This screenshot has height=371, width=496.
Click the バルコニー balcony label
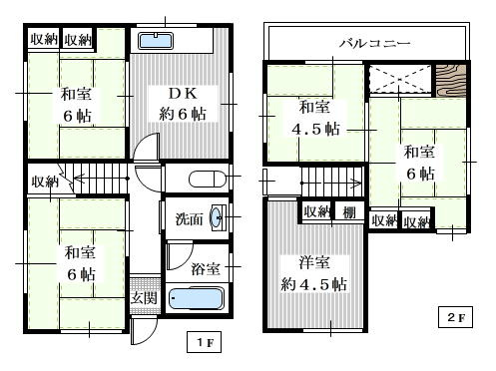pos(374,43)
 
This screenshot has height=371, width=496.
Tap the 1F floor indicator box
pos(204,342)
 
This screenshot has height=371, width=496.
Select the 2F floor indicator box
pos(455,317)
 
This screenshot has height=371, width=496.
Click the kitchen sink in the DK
pos(156,41)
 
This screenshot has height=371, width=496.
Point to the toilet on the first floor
pos(208,180)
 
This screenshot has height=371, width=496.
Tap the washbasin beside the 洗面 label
pos(217,217)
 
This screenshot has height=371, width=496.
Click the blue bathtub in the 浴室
pos(197,298)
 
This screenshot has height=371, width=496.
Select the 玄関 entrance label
pos(144,297)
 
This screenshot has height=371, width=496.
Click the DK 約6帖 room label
pos(183,104)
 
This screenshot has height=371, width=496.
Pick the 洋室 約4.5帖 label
pos(313,273)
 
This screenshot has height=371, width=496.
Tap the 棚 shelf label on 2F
pos(349,212)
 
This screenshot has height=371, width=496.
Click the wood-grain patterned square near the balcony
pos(451,81)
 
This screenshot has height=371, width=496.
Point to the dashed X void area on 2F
pos(400,80)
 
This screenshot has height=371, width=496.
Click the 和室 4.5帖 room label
pos(315,118)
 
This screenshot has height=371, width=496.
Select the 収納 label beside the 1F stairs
pos(45,182)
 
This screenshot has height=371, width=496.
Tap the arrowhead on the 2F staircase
pos(357,183)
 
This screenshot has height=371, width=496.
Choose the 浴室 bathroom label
pos(206,268)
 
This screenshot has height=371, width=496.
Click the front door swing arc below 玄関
pos(149,336)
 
